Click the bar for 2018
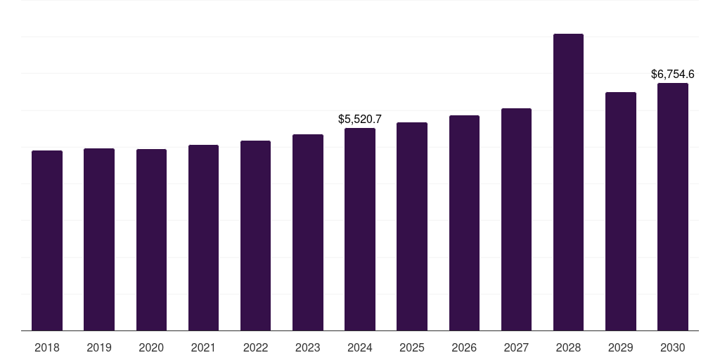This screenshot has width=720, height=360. click(47, 240)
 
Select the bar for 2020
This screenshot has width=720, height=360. click(151, 240)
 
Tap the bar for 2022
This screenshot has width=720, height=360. click(255, 236)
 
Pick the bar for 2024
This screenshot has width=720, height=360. click(360, 230)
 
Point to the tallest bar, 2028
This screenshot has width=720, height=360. click(568, 182)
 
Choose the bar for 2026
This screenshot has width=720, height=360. click(464, 223)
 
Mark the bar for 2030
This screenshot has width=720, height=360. click(673, 207)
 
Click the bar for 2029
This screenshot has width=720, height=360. click(621, 212)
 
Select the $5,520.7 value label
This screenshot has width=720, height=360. click(360, 120)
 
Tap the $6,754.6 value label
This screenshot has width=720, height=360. click(673, 75)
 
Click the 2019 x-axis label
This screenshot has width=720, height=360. click(99, 348)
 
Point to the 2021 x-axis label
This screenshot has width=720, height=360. click(203, 348)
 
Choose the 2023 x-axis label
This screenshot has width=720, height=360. click(308, 348)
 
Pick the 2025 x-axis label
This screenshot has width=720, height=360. click(412, 348)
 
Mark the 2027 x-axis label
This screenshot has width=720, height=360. click(516, 348)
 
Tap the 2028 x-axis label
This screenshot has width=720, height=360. click(568, 348)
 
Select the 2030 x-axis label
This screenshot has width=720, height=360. click(673, 348)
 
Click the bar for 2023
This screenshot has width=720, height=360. click(308, 233)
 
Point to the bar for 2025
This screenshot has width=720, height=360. click(412, 227)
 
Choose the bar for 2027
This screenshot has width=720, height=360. click(516, 219)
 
